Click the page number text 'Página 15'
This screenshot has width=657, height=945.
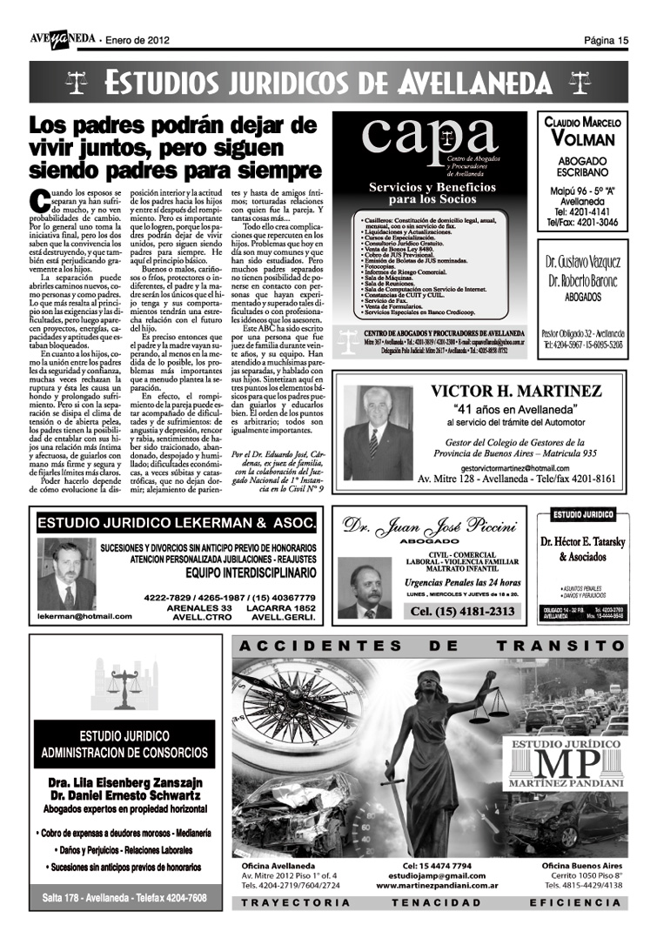coord(606,40)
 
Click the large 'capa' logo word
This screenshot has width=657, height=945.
coord(430,137)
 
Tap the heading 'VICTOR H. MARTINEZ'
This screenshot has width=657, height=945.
coord(516,392)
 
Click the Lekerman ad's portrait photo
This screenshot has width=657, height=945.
coord(66,575)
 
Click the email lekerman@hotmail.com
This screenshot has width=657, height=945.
coord(85,616)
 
